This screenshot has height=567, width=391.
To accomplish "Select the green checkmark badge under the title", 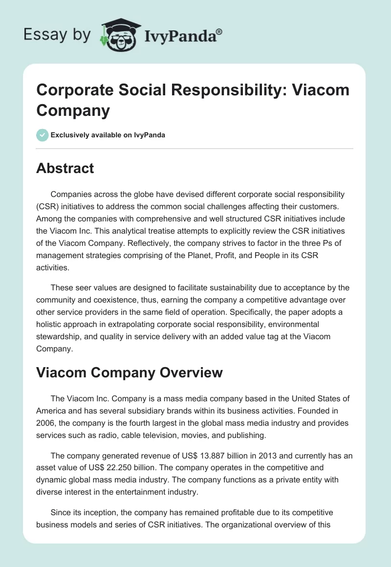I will pyautogui.click(x=43, y=135).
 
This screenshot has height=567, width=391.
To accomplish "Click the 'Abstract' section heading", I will pyautogui.click(x=65, y=169).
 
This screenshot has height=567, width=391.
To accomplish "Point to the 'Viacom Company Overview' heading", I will pyautogui.click(x=130, y=372).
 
